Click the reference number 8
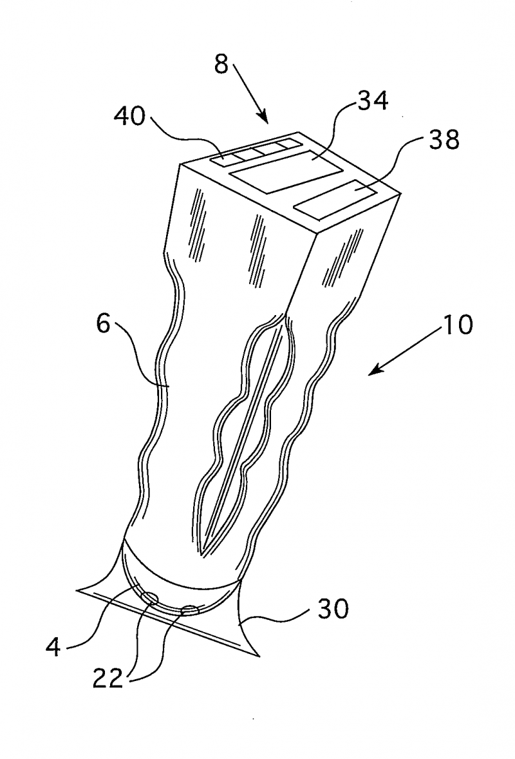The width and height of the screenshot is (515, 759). click(221, 66)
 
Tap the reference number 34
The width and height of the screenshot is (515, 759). click(370, 102)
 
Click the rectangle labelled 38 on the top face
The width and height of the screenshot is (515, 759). click(337, 199)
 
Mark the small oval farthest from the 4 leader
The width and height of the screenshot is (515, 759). click(190, 608)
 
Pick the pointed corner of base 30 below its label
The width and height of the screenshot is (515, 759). click(259, 657)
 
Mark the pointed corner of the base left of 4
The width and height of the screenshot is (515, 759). click(77, 589)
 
